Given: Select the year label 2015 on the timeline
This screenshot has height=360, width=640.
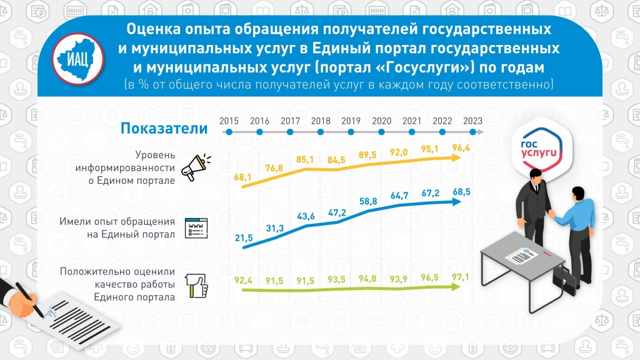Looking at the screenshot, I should (229, 121).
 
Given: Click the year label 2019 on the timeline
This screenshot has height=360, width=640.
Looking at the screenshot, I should (351, 121).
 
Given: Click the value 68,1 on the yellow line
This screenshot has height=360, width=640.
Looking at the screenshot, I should (242, 178).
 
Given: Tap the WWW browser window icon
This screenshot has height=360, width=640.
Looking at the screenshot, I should (196, 227).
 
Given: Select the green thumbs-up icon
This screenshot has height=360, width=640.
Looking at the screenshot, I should (196, 286).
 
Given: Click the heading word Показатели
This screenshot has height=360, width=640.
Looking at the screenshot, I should (163, 129).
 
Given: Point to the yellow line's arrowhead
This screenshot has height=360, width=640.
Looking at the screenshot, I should (461, 159).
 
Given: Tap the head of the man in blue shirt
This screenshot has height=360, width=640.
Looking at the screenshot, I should (580, 194).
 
